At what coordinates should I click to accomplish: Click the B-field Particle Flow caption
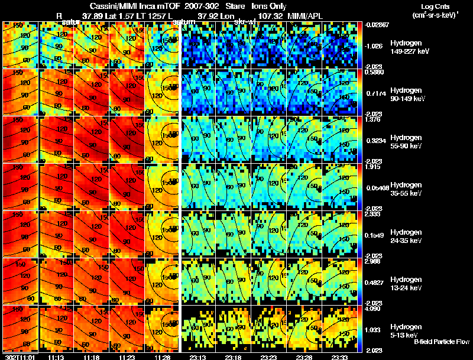(x=441, y=342)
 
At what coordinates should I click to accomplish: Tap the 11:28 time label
(x=161, y=357)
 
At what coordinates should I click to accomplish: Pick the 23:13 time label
(x=197, y=357)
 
